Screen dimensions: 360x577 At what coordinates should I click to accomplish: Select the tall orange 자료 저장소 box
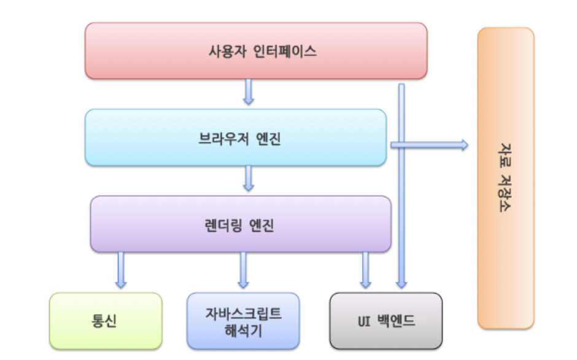506,178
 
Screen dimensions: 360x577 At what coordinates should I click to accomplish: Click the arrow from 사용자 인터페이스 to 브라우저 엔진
249,92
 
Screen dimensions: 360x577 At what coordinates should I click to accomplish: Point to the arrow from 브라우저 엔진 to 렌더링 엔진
249,178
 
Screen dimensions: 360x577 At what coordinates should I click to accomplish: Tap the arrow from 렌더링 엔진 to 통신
121,269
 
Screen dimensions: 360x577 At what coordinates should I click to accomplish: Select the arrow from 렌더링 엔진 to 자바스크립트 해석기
243,269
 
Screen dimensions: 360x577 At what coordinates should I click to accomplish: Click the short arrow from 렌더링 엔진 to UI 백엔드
366,269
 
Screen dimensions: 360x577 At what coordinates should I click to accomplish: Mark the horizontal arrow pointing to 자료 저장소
430,145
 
